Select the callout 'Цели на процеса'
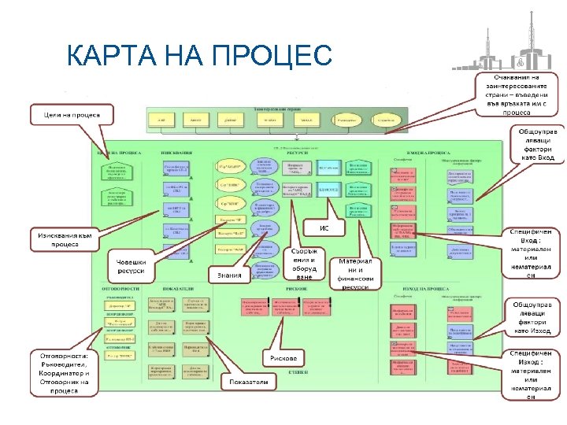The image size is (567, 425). coord(72,115)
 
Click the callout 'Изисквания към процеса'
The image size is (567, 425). coord(62,239)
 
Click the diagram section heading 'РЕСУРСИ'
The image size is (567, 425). coord(283,152)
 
